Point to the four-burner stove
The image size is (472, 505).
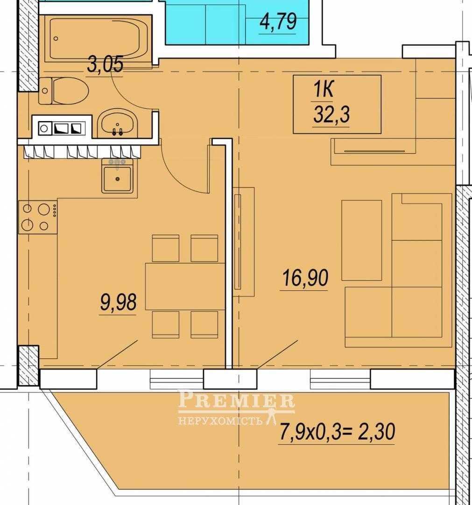coord(38,216)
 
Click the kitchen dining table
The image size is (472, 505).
coord(185,286)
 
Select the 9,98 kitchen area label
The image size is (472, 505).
coord(118,302)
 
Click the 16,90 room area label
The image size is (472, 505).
coord(305,278)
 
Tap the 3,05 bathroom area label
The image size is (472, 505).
coord(105,65)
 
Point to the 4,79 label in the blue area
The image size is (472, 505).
coord(278,22)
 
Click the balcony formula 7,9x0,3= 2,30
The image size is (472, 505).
coord(337,432)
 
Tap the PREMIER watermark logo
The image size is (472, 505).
coord(236,406)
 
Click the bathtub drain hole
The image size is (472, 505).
coord(56,39)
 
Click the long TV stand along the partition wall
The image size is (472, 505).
coord(244,242)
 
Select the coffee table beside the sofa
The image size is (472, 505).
coord(362,240)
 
